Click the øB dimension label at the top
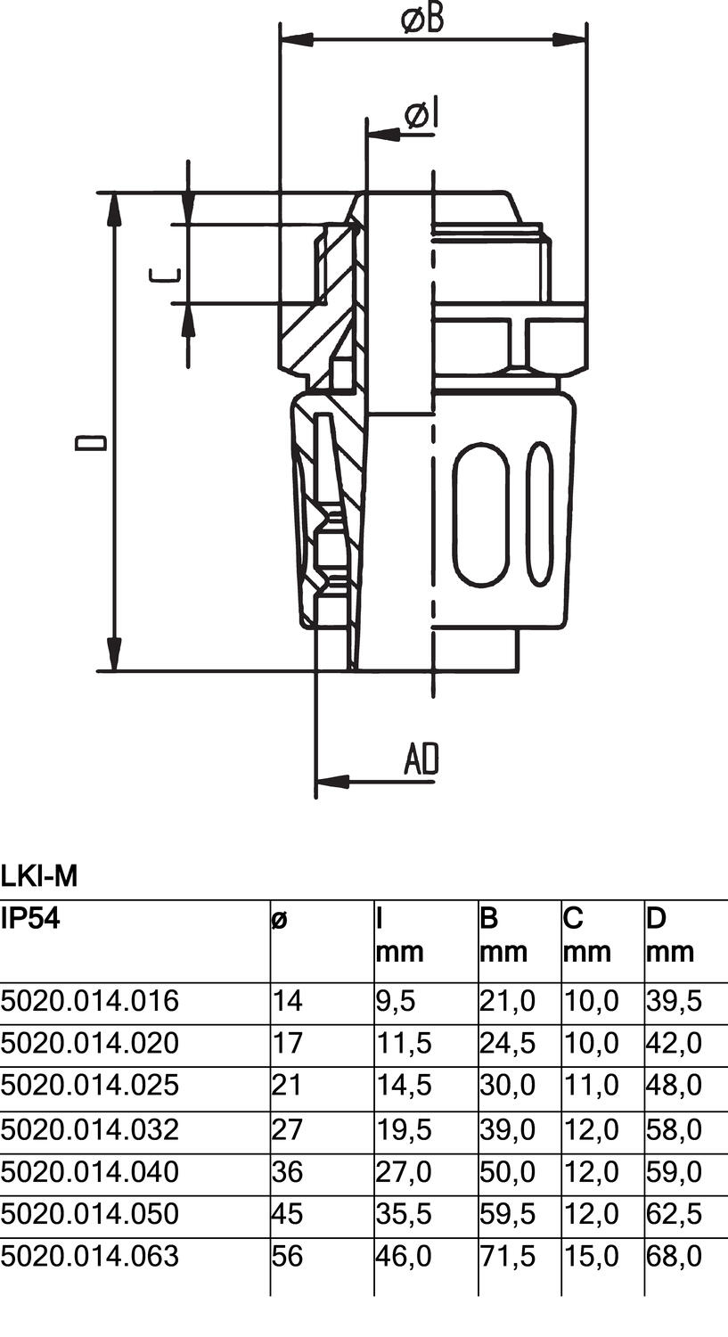coord(422,19)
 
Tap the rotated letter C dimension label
coord(168,275)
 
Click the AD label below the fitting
coord(421,759)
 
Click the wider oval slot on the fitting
coord(483,515)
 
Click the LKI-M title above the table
coord(39,877)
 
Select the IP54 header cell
coord(30,919)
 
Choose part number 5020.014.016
coord(90,1001)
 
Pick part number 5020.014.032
coord(90,1129)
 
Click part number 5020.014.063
coord(90,1256)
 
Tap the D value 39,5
coord(674,1001)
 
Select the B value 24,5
coord(507,1043)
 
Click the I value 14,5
coord(404,1086)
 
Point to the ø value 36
coord(288,1171)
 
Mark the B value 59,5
coord(507,1213)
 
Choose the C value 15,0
coord(590,1256)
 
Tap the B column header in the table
coord(489,919)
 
